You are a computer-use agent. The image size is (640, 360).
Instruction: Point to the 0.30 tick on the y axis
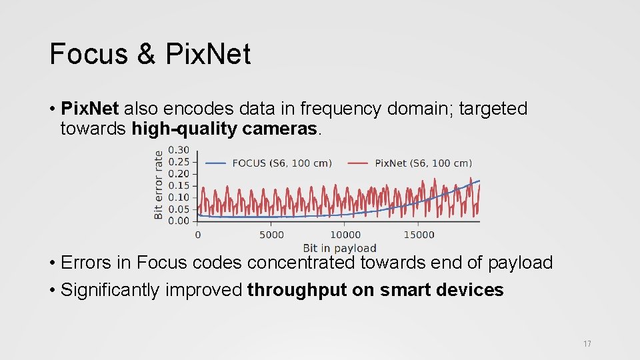(179, 150)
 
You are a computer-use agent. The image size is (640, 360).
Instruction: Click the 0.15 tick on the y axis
(179, 185)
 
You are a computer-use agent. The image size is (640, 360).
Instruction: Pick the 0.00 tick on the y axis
(179, 221)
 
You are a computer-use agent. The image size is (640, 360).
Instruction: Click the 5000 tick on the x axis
(271, 235)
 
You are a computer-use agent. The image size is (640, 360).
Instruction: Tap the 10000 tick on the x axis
(345, 235)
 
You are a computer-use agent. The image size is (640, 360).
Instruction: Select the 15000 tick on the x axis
(419, 235)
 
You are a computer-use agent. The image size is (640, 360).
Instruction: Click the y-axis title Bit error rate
(159, 185)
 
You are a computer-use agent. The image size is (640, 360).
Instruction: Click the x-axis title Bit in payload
(339, 249)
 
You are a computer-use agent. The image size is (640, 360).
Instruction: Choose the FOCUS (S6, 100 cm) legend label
(281, 163)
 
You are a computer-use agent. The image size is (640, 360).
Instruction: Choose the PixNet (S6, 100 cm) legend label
(423, 163)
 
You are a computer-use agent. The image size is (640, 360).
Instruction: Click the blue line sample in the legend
(215, 163)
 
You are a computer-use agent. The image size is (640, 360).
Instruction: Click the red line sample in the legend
(358, 163)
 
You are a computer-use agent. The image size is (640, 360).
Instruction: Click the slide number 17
(587, 344)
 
